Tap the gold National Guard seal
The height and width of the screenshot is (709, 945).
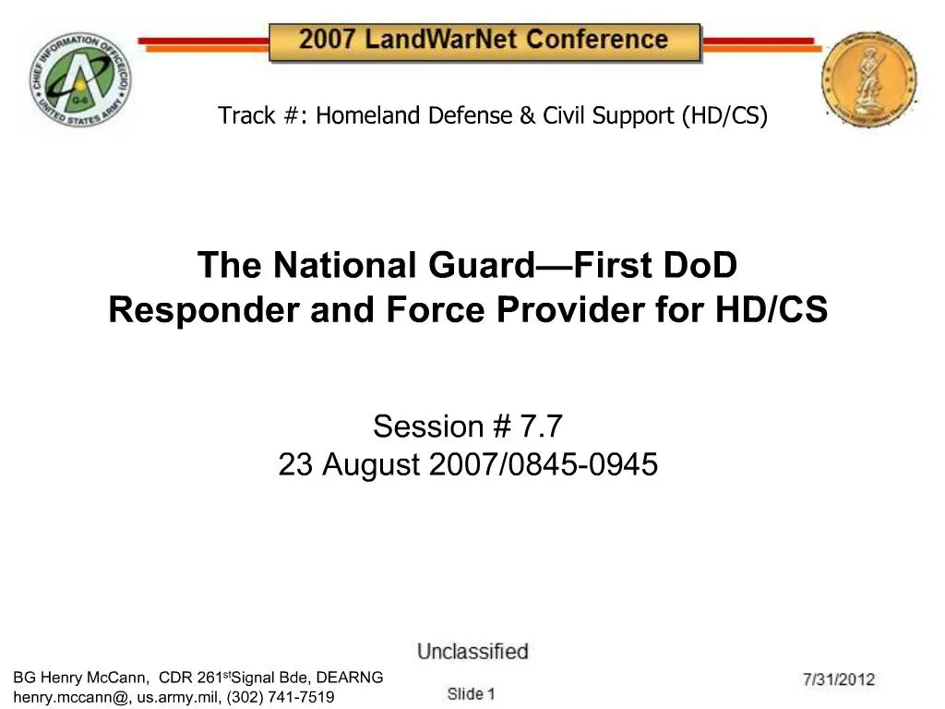click(x=869, y=80)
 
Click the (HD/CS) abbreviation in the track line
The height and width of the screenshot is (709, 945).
click(x=725, y=115)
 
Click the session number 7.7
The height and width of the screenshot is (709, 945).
click(x=541, y=427)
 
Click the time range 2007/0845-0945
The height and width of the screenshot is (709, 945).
click(x=544, y=465)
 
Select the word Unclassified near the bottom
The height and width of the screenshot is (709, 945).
click(x=472, y=653)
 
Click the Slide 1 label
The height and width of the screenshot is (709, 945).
click(x=472, y=693)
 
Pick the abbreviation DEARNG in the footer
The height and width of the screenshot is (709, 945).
click(x=350, y=678)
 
